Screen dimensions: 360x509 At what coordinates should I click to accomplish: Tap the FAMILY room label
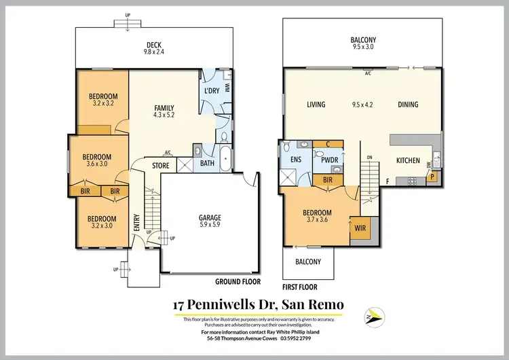coord(164,111)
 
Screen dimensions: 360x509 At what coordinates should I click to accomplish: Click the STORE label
coord(160,165)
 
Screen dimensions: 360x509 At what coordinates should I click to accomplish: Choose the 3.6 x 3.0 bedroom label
coord(99,161)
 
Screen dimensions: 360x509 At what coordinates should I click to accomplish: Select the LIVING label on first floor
coord(316,105)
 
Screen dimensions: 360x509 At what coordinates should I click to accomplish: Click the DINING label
coord(409,105)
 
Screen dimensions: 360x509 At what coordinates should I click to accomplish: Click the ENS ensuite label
coord(296,160)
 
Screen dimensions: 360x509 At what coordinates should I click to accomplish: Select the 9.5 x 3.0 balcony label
coord(364,44)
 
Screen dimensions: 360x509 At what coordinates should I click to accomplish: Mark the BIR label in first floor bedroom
coord(327,180)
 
